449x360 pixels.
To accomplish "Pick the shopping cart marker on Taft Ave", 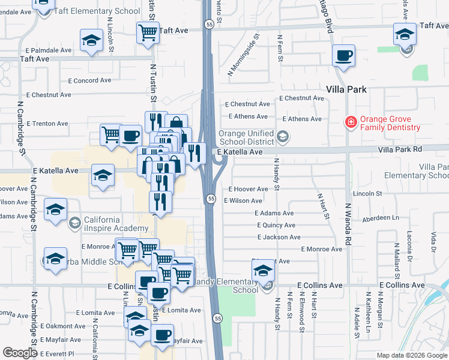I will (x=148, y=32).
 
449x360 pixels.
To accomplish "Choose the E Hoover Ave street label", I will (x=248, y=189).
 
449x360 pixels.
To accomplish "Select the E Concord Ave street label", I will (x=89, y=80).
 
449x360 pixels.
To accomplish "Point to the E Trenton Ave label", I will (x=47, y=124).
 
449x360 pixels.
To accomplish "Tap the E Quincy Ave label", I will (x=276, y=226).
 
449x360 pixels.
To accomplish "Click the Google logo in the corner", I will (x=20, y=353).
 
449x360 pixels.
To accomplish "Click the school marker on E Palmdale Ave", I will (x=91, y=41).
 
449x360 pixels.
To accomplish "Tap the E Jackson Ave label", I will (x=279, y=238).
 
